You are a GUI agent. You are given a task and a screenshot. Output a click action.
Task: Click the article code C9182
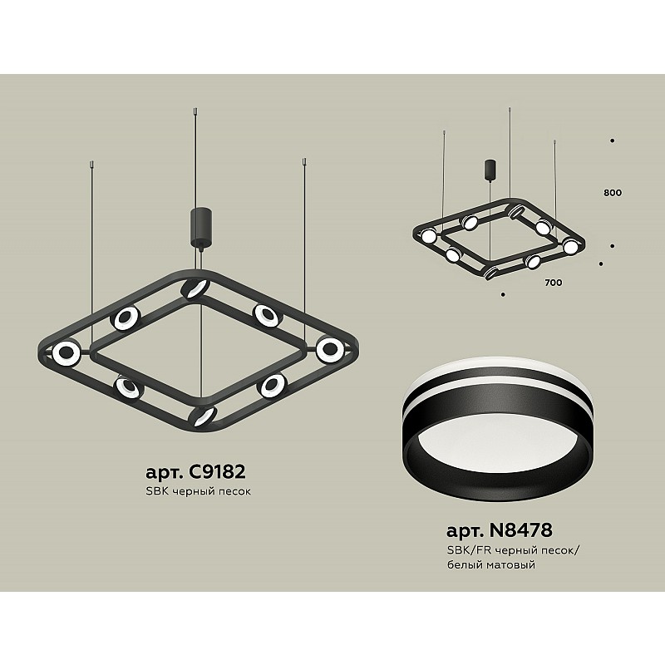(x=217, y=471)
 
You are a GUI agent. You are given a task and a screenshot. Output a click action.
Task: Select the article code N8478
(x=521, y=530)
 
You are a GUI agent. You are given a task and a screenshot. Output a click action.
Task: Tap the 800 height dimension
(x=613, y=193)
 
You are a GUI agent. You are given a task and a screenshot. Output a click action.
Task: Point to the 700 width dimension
(x=554, y=283)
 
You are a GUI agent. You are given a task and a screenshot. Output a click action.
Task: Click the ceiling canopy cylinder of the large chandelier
(x=200, y=226)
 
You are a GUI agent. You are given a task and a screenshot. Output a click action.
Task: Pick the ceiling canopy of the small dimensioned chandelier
(x=490, y=170)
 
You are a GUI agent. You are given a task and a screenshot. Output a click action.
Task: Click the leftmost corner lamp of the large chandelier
(x=66, y=352)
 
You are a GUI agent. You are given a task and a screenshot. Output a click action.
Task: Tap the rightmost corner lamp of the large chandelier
(x=330, y=349)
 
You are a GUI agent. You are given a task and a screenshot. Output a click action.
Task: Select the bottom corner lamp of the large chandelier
(x=203, y=416)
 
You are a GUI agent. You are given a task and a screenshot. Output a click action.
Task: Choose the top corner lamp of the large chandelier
(x=195, y=289)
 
